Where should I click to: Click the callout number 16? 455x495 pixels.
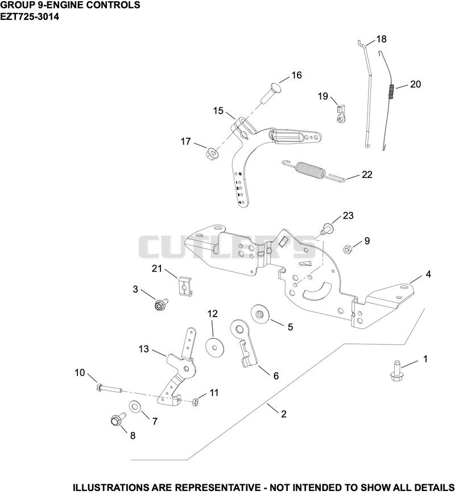click(x=296, y=75)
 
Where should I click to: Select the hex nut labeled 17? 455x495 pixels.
click(x=212, y=154)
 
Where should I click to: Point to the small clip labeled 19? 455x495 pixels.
click(x=341, y=115)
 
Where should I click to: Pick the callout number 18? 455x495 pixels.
click(x=382, y=39)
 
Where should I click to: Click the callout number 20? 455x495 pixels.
click(x=416, y=84)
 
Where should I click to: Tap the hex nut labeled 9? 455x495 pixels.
click(x=348, y=249)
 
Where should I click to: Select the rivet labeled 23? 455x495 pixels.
click(x=327, y=229)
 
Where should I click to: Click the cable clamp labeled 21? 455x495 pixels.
click(x=184, y=286)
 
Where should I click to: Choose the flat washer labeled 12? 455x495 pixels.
click(x=214, y=347)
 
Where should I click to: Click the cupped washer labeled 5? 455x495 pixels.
click(x=260, y=315)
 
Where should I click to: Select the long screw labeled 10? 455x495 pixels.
click(x=109, y=389)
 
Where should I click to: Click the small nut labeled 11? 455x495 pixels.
click(x=195, y=402)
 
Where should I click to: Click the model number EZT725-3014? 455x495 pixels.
click(x=30, y=16)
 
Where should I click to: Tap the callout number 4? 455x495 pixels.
click(x=428, y=274)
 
